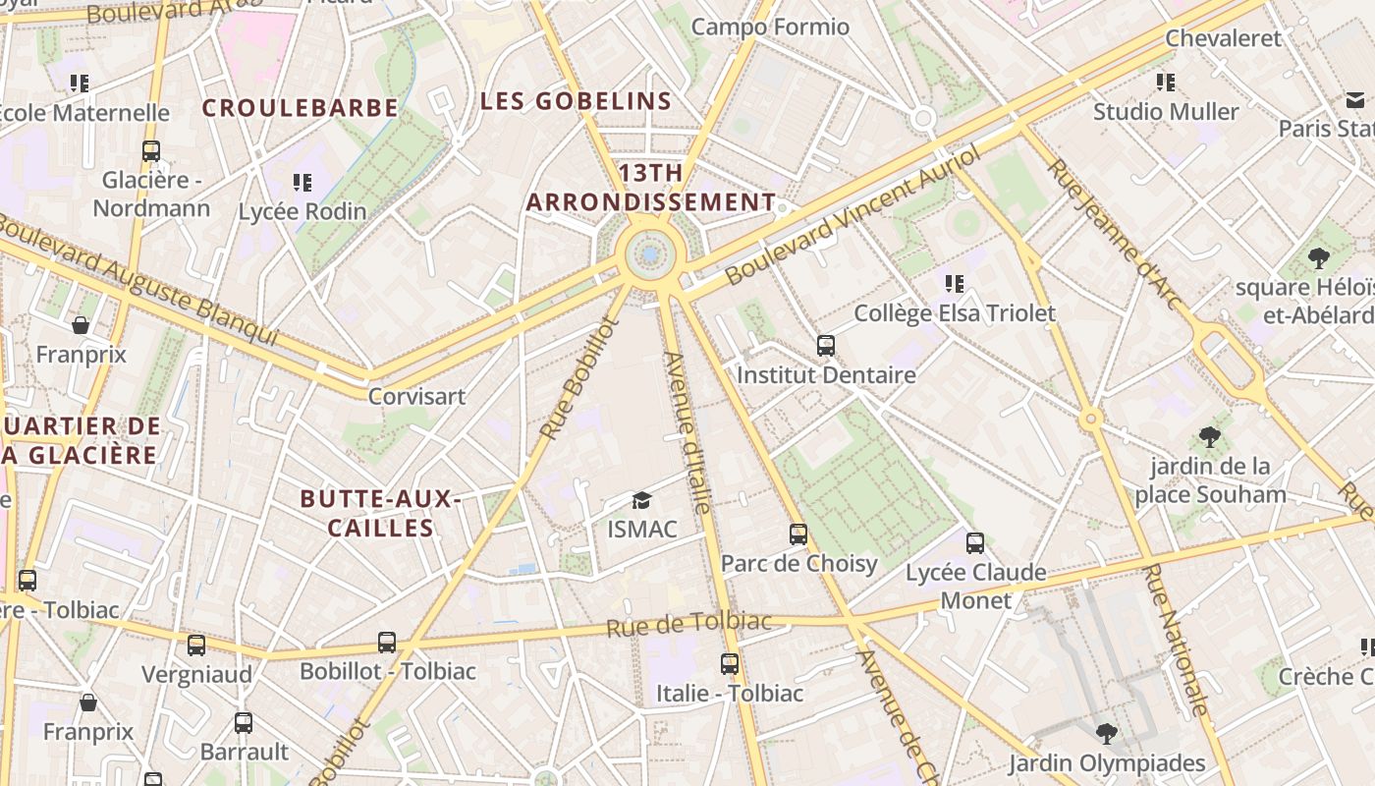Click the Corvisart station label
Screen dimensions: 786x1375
[x=416, y=397]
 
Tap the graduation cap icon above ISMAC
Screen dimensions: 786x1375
[x=641, y=501]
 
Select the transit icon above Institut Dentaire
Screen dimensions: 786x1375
[x=826, y=346]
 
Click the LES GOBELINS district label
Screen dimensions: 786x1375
[x=576, y=101]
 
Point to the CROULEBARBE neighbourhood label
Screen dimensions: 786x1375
[x=301, y=108]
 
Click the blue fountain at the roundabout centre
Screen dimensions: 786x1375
[x=650, y=255]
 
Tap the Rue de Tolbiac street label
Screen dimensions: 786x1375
[x=688, y=624]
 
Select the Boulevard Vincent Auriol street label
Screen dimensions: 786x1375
[x=853, y=217]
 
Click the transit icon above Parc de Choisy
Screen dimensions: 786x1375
[x=798, y=534]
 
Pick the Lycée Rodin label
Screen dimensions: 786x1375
[x=302, y=211]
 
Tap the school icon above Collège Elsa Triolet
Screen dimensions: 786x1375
[x=954, y=284]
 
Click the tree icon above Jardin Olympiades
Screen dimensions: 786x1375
[x=1106, y=734]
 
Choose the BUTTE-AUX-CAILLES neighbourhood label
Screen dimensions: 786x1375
[x=381, y=513]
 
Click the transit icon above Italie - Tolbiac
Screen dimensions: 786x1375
[x=729, y=664]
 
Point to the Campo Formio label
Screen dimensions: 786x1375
[x=770, y=27]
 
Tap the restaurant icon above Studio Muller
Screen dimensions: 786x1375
[x=1166, y=83]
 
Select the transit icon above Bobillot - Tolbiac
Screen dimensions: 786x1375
[x=387, y=643]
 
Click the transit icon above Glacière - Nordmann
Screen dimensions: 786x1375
[x=151, y=151]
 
